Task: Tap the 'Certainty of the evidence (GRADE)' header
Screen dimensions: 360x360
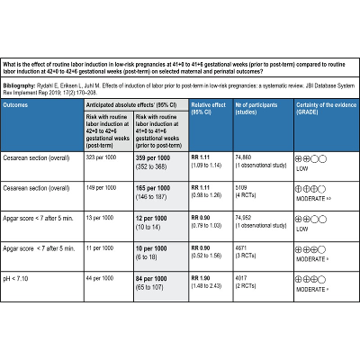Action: click(322, 133)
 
